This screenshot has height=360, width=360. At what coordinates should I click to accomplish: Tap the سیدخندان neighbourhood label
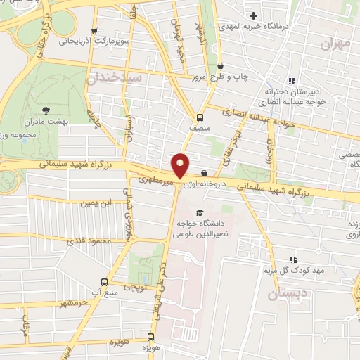(x=115, y=77)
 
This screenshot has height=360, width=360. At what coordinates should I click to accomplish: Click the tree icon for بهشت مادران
(x=46, y=110)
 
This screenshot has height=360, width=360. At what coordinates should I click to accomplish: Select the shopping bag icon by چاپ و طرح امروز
(x=220, y=65)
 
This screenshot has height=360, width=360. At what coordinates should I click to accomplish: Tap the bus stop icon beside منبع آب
(x=105, y=279)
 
